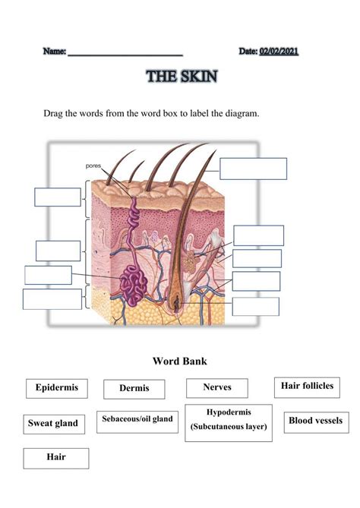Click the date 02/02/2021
279,51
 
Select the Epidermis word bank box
56,389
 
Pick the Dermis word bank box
134,390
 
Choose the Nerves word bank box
217,388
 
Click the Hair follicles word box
307,387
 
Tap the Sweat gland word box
53,423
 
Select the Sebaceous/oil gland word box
137,418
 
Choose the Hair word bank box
56,458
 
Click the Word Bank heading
180,361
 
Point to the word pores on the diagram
93,165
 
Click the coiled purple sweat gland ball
134,286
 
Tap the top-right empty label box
253,169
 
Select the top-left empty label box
57,197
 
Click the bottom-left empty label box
52,299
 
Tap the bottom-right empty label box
255,307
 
